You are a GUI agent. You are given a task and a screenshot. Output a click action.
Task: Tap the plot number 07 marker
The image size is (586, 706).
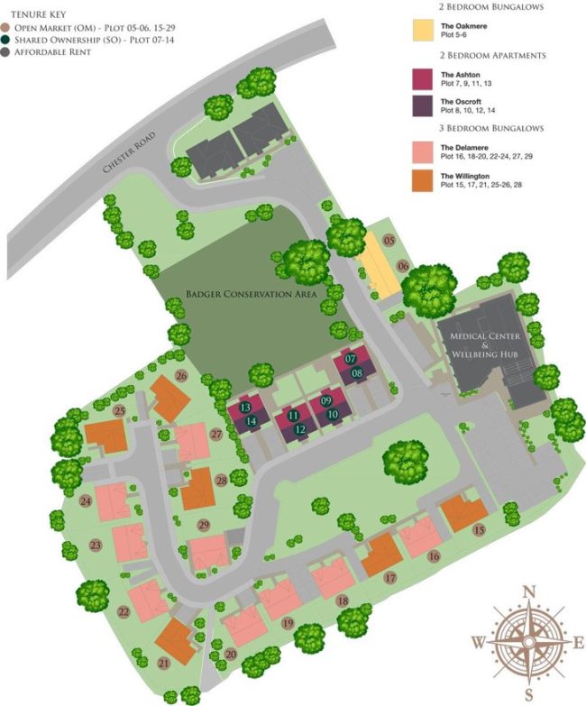point(352,359)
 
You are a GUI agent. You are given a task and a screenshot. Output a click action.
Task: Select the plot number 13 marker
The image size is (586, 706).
point(245,408)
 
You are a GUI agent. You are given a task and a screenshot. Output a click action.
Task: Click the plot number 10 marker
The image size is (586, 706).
point(333,414)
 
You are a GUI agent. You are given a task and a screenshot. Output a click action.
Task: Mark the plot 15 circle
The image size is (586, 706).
point(479,529)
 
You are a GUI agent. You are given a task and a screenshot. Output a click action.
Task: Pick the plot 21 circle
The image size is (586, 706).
point(164,664)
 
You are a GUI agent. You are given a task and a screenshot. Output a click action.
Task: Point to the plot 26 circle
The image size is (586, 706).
point(181,375)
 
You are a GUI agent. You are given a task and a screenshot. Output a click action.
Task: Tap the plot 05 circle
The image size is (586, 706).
point(389,241)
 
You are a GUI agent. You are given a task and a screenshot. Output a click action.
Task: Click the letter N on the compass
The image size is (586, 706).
point(530,591)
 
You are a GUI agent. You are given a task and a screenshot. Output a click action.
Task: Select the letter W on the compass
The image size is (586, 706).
point(477,643)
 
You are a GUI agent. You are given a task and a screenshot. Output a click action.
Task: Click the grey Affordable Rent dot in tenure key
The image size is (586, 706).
point(5,52)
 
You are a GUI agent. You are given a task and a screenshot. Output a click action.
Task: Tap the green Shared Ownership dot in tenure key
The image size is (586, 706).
point(5,40)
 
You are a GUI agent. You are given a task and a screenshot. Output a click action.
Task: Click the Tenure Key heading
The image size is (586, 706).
point(34,14)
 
